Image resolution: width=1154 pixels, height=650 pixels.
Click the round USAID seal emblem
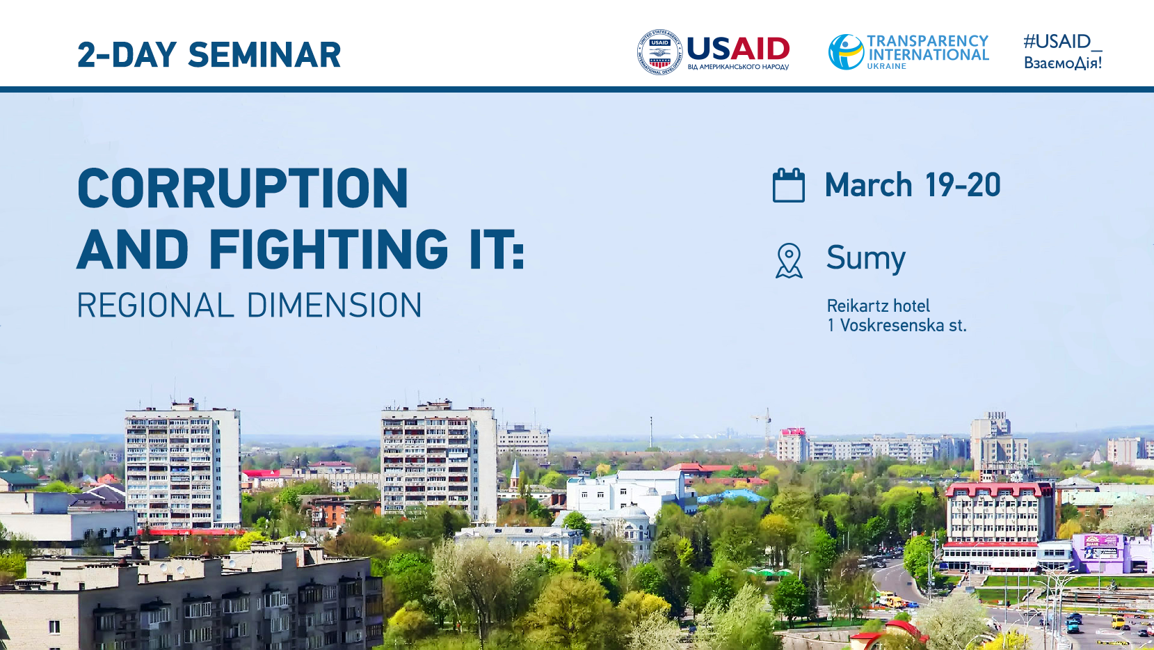tap(660, 52)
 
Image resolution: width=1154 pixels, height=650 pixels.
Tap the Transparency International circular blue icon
tap(846, 51)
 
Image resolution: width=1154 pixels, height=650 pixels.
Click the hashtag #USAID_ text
tap(1062, 42)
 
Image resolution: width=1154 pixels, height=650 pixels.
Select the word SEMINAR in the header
tap(264, 55)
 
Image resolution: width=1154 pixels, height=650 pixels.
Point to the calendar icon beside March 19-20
tap(789, 185)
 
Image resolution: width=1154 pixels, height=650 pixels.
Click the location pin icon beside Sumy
tap(789, 261)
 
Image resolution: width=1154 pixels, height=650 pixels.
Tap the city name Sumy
tap(866, 258)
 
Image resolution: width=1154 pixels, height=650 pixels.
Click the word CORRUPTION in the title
tap(243, 188)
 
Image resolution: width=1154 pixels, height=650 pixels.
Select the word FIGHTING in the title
tap(328, 250)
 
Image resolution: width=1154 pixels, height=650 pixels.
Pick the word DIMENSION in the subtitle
tap(335, 305)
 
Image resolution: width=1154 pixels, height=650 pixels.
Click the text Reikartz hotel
tap(879, 306)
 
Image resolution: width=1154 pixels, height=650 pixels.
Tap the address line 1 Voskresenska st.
tap(897, 325)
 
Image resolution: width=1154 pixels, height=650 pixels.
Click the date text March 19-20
tap(913, 185)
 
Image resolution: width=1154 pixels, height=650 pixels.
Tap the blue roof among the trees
tap(731, 497)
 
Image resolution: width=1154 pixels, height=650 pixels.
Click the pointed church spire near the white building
tap(515, 472)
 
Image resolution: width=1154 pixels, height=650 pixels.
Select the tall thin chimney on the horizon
tap(650, 432)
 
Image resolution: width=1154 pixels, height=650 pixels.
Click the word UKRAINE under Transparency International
tap(887, 67)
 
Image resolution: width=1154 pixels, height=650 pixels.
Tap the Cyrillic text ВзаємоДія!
tap(1063, 63)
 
